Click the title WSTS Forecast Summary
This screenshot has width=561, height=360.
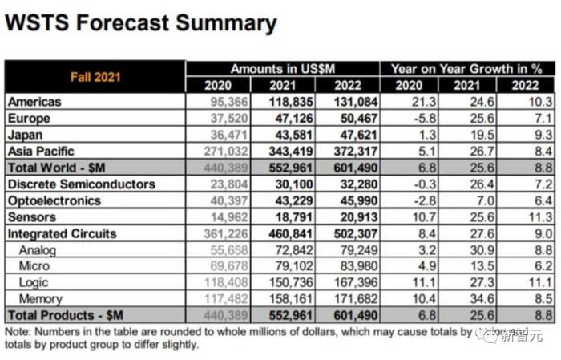click(x=141, y=23)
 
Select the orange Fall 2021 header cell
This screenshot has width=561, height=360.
click(x=95, y=77)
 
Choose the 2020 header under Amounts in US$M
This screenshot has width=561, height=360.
click(x=218, y=85)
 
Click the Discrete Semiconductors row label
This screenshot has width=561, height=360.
click(x=81, y=184)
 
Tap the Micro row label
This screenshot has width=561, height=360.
click(x=34, y=266)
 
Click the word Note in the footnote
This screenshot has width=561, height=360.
click(x=18, y=331)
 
